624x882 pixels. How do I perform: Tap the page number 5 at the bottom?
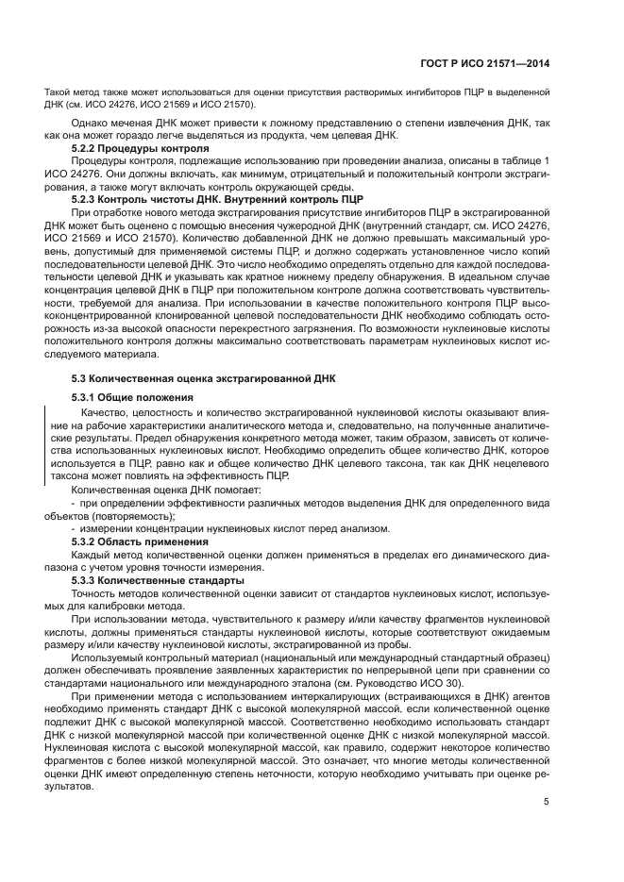[547, 802]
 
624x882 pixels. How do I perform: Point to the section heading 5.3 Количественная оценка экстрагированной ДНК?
[191, 377]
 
